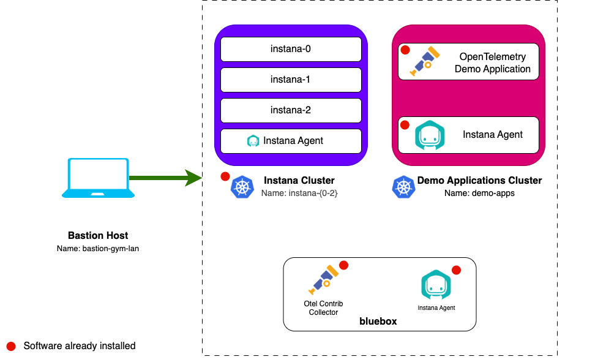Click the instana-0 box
(291, 49)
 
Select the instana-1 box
(291, 80)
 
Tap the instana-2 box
(291, 110)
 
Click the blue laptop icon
(98, 178)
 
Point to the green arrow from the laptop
(165, 178)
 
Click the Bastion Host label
(98, 236)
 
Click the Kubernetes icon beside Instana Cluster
(242, 187)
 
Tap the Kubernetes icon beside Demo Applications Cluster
(403, 187)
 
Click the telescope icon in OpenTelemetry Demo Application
(425, 61)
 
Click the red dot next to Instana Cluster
(225, 176)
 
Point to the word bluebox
(378, 320)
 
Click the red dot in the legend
(10, 346)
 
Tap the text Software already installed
(80, 346)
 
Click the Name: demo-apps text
(479, 193)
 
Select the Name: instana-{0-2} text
(299, 193)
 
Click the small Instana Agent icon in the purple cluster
(253, 141)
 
